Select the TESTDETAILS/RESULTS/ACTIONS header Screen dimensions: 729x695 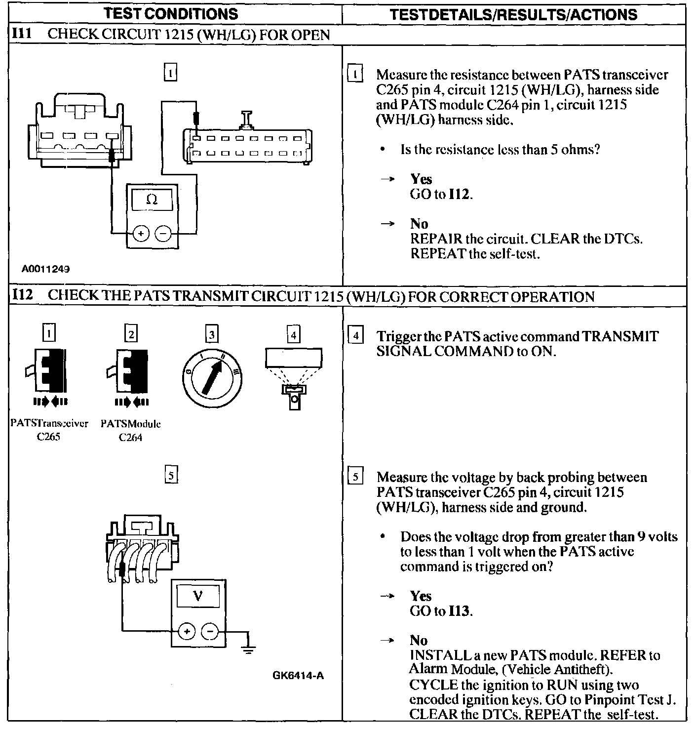(513, 14)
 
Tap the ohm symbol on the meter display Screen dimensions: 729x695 (152, 200)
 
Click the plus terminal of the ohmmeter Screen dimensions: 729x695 (141, 233)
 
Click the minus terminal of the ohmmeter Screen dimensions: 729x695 (163, 233)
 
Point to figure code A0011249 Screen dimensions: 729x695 (45, 270)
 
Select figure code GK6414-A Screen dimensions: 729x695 (298, 675)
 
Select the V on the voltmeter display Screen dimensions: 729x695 (197, 596)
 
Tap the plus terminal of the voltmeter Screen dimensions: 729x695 (186, 631)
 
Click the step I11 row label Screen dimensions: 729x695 (22, 34)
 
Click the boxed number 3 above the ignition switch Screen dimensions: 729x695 (212, 335)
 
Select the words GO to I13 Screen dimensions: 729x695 (441, 611)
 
